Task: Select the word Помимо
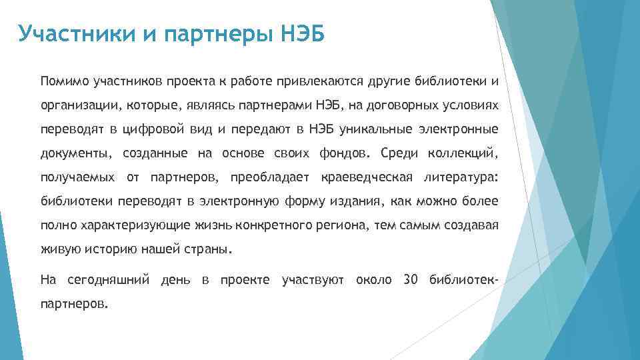pyautogui.click(x=65, y=82)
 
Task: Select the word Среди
pyautogui.click(x=398, y=154)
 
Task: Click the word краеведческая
pyautogui.click(x=366, y=178)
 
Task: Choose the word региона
pyautogui.click(x=345, y=226)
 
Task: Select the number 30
pyautogui.click(x=411, y=279)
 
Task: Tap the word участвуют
pyautogui.click(x=313, y=279)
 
